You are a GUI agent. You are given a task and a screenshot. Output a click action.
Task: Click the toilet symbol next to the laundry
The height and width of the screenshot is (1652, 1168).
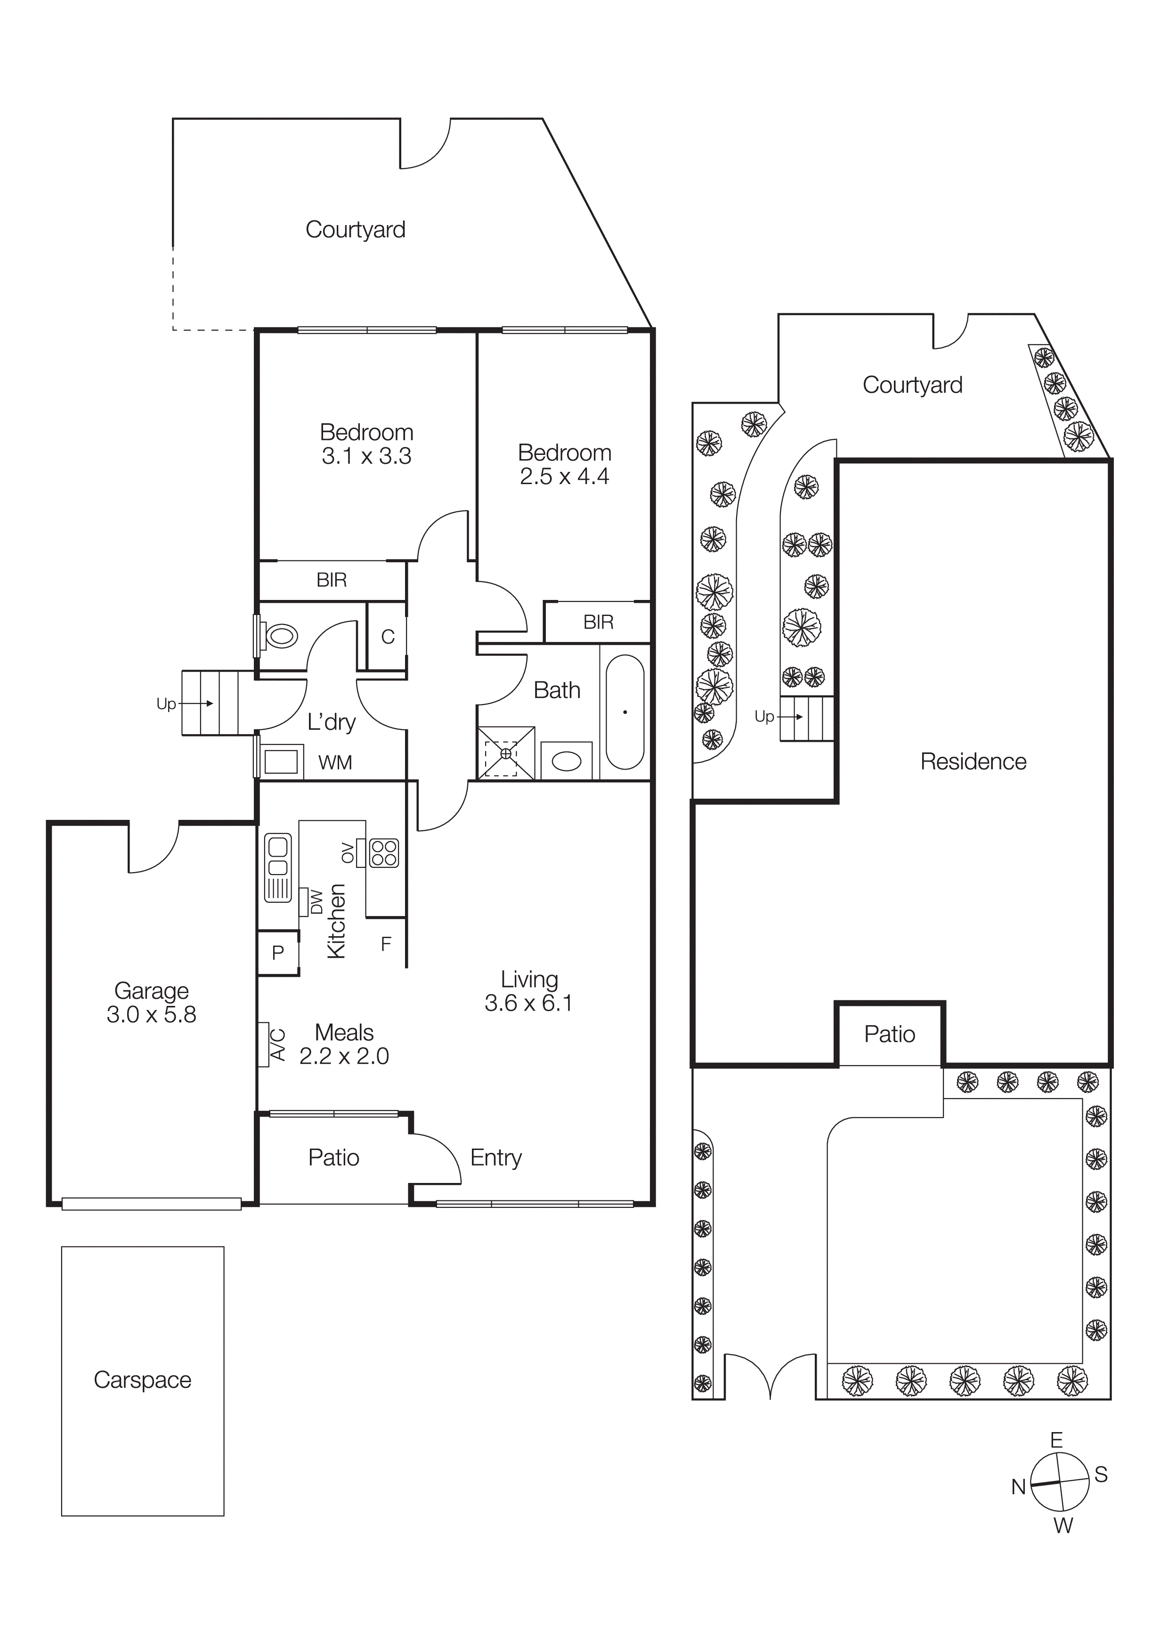[x=281, y=636]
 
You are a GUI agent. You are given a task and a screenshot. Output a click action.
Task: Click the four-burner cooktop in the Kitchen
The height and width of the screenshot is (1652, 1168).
[x=383, y=853]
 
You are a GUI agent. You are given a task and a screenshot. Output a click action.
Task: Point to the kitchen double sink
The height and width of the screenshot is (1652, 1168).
[x=278, y=868]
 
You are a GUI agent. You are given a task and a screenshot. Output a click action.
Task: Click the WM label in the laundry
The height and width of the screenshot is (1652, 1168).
[x=335, y=763]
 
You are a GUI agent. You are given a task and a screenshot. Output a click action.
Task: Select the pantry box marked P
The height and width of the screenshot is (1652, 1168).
[x=278, y=953]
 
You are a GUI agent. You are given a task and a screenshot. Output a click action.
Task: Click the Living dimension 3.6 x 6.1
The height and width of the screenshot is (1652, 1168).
[x=528, y=1003]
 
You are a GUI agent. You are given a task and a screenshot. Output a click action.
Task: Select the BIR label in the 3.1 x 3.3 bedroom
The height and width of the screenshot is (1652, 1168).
[x=331, y=580]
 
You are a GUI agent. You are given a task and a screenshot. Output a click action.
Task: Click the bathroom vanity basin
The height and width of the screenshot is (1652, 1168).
[x=567, y=761]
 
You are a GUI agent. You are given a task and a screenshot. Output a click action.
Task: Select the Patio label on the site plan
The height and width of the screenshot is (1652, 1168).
[x=890, y=1035]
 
